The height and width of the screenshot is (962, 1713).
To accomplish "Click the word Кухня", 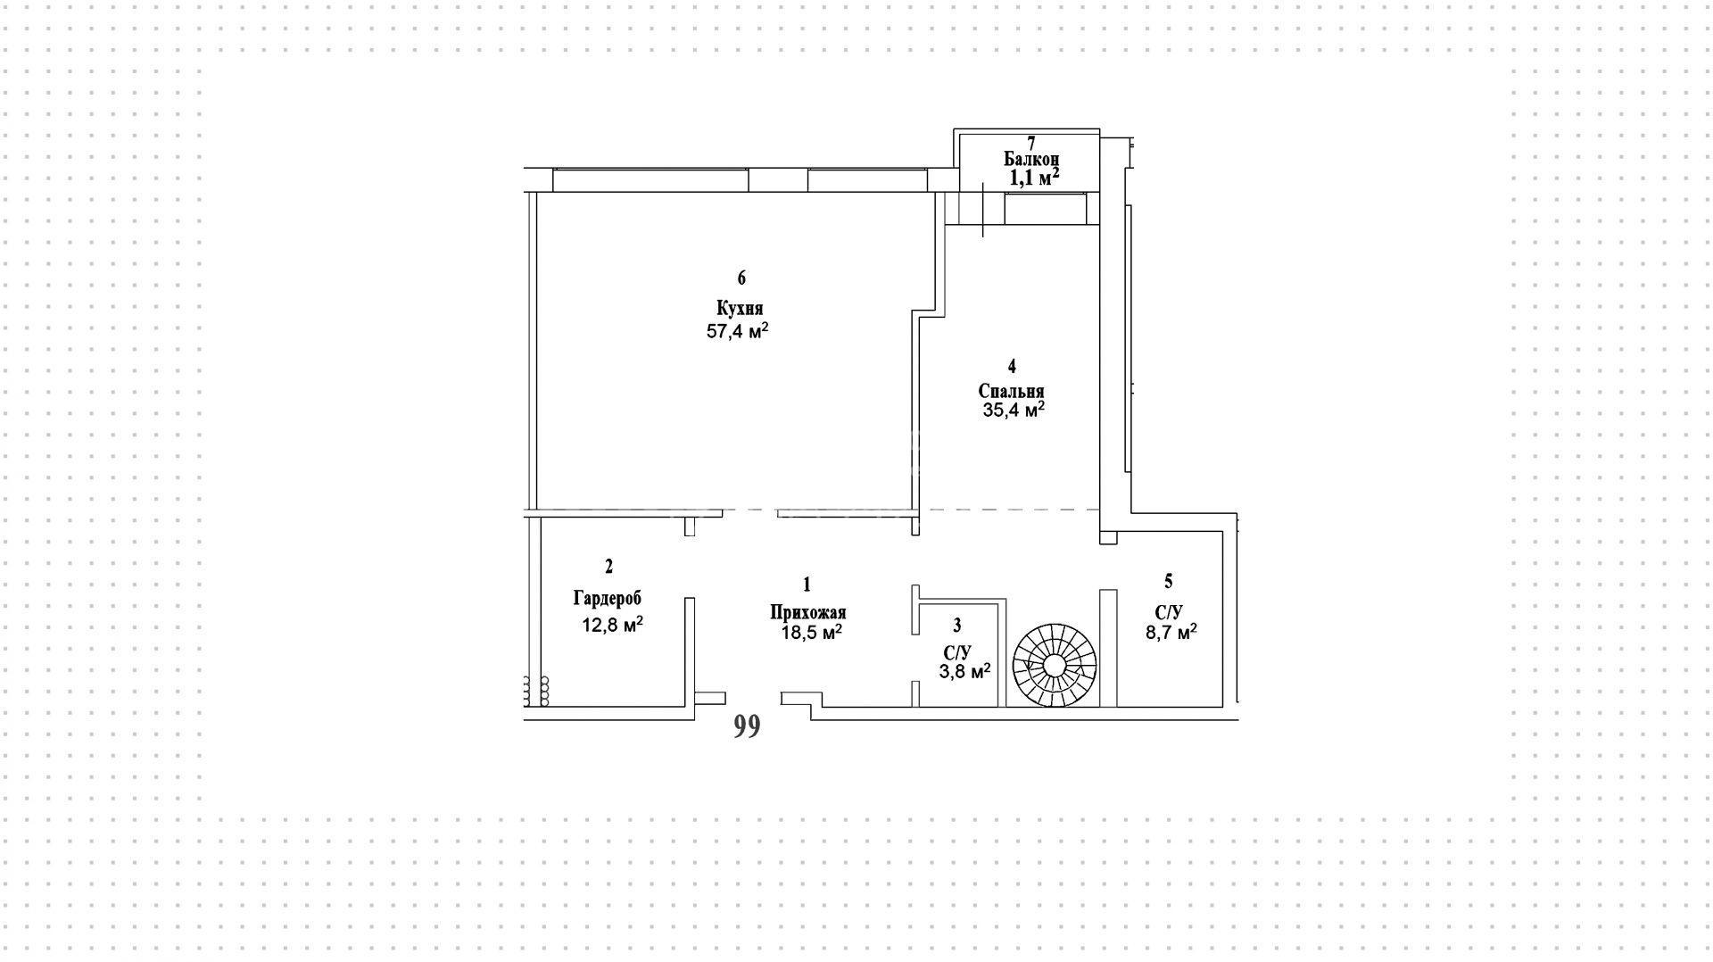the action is point(740,309).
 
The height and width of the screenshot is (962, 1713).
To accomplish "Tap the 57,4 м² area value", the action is point(738,331).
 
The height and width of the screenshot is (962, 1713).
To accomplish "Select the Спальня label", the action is point(1011,391).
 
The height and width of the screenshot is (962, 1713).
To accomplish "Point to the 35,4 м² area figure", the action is point(1012,410).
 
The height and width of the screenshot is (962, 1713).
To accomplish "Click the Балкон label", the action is point(1031,159).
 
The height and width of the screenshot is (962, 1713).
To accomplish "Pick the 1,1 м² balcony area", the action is point(1034,177).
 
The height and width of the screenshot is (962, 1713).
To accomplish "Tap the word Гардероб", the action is point(607,598).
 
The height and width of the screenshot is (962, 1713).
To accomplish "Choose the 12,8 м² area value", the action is point(613,624).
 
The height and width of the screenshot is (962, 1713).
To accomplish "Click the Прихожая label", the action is point(808,612).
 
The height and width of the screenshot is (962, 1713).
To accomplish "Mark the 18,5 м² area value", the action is point(811,632).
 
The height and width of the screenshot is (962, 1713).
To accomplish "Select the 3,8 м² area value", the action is point(964,670).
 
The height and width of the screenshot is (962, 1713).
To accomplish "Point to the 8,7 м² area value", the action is point(1171,632).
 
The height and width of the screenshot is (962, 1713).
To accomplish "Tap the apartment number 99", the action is point(747,727).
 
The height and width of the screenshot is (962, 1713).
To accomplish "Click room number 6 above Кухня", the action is point(741,278).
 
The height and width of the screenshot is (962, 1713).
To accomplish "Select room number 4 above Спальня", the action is point(1012,366).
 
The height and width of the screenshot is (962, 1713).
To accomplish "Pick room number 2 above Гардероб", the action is point(608,566).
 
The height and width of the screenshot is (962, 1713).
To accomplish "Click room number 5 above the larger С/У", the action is point(1169,582).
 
